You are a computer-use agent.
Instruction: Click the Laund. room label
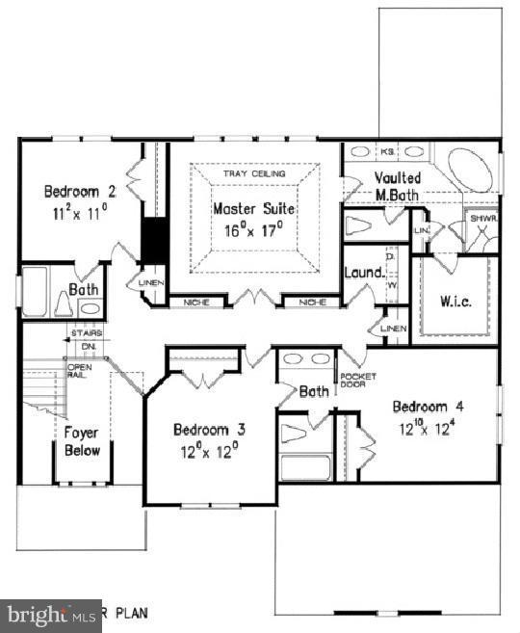(364, 273)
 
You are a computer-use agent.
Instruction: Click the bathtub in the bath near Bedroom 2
(35, 292)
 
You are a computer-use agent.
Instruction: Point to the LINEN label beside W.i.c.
(393, 330)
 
